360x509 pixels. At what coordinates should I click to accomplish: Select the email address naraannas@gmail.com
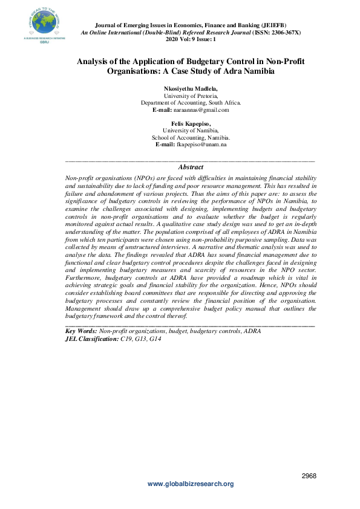[201, 110]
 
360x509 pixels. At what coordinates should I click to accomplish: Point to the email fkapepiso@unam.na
[201, 144]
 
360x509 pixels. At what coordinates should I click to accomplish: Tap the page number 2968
[309, 476]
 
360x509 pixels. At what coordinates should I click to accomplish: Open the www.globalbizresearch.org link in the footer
[191, 484]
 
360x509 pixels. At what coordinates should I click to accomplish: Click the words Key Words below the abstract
[80, 331]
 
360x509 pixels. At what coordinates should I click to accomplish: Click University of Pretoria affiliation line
[191, 96]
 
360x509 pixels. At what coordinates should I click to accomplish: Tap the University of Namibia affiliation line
[191, 130]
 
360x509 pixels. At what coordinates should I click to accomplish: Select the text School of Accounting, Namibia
[191, 137]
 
